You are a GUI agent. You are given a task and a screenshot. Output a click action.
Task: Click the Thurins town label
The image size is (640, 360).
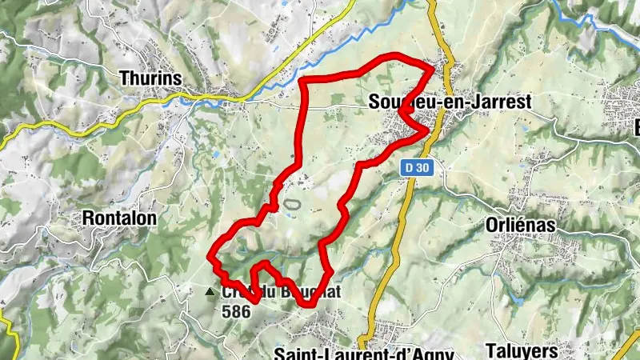click(150, 78)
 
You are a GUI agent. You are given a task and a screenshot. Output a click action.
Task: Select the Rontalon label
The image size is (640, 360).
click(120, 217)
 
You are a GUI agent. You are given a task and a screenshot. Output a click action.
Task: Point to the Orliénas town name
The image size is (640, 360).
click(520, 226)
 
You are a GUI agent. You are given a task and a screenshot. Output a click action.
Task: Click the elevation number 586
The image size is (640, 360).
click(238, 310)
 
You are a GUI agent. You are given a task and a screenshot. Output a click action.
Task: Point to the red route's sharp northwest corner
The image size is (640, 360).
click(301, 81)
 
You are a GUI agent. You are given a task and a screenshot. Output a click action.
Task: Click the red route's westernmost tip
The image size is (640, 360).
click(210, 257)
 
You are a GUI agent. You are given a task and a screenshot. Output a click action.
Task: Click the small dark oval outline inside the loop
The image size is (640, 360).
click(292, 205)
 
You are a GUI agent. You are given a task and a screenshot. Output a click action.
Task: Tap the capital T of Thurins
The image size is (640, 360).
click(124, 78)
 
